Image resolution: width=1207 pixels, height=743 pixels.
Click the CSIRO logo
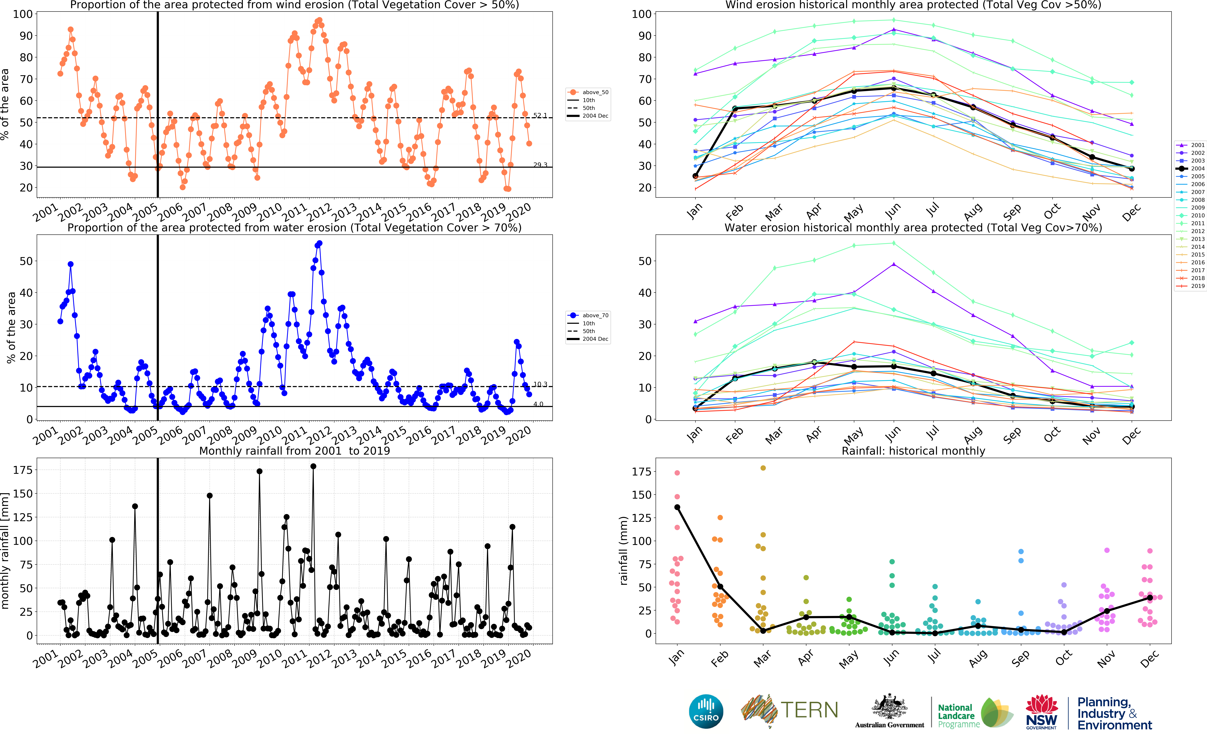[x=706, y=711]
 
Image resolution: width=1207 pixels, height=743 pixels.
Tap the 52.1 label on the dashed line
[x=540, y=115]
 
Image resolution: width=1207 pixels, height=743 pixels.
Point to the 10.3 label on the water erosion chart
[x=540, y=384]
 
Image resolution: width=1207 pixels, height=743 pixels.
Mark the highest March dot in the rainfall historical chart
[x=763, y=468]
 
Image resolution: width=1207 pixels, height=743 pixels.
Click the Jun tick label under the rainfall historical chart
[x=890, y=658]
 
